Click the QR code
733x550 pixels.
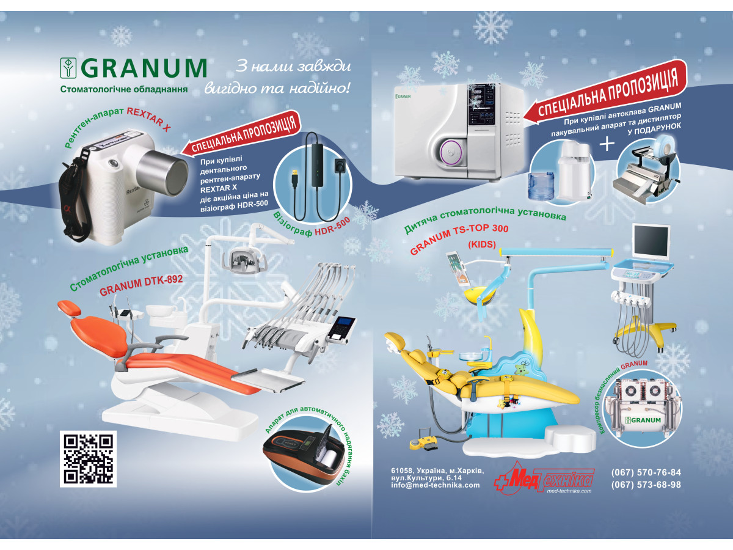coord(88,458)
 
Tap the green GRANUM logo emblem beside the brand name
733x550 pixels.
coord(68,68)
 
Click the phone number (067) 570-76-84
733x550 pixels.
coord(646,472)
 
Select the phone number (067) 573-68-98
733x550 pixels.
coord(646,485)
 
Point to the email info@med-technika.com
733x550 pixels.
coord(436,485)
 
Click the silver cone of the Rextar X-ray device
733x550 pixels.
coord(162,172)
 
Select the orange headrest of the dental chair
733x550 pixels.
coord(70,307)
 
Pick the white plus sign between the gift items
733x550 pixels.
coord(607,144)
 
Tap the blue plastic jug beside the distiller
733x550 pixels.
coord(542,186)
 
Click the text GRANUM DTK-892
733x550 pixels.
coord(141,285)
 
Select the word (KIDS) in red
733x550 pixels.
coord(482,244)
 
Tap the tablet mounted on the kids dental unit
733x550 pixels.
coord(456,268)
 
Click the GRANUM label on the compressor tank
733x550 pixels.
coord(643,420)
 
